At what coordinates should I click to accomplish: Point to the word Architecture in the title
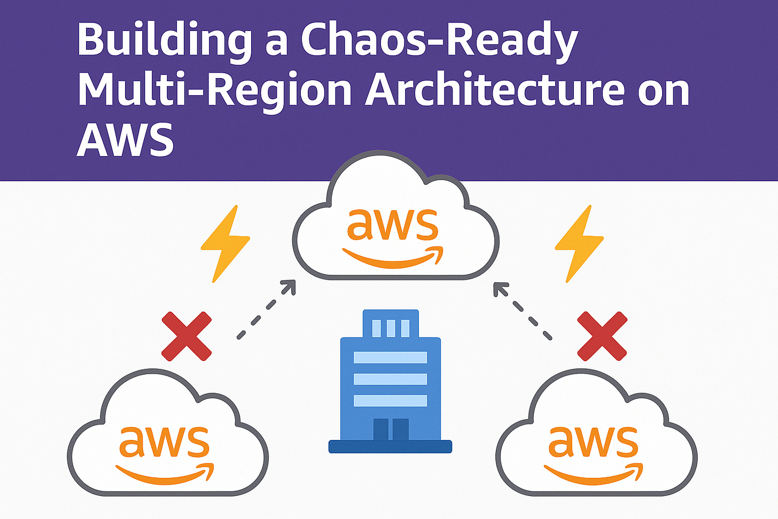point(495,89)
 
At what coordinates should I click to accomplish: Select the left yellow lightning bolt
point(224,243)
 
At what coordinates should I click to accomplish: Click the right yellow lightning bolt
point(579,243)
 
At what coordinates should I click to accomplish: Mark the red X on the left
point(186,337)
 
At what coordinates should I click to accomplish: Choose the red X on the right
point(602,337)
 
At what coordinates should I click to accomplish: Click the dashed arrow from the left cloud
point(266,309)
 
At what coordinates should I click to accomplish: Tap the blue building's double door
point(391,429)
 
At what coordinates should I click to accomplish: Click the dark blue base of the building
point(390,446)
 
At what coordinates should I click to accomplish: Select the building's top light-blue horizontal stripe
point(390,358)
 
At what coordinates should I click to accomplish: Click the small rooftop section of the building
point(390,324)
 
